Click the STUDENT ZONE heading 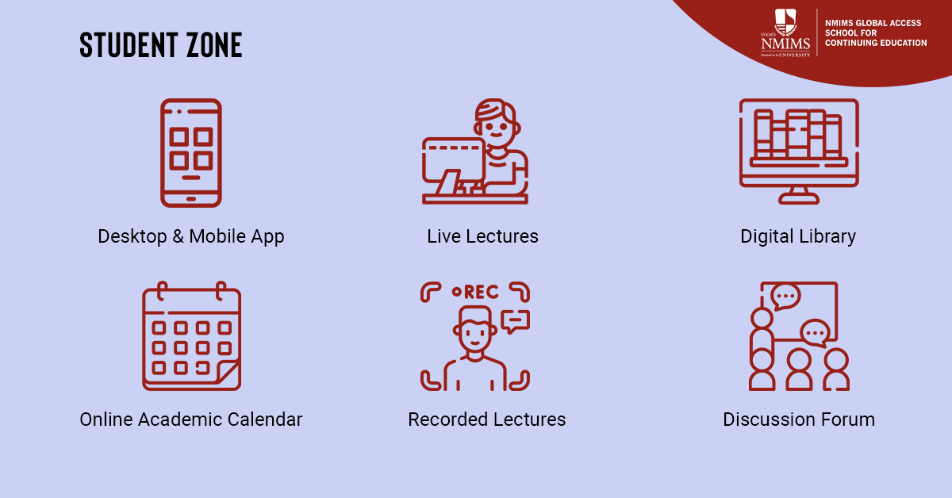[160, 44]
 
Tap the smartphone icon [191, 153]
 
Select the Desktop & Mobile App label [191, 236]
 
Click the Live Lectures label [482, 236]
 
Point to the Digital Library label [798, 236]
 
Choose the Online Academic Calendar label [191, 419]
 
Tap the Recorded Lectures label [486, 419]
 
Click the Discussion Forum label [799, 419]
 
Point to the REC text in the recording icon [481, 292]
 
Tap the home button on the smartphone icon [191, 199]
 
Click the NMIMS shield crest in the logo [785, 21]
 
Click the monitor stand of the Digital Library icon [799, 196]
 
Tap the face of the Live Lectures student [496, 127]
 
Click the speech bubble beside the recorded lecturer [516, 322]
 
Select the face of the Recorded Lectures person [475, 331]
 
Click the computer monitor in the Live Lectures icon [454, 159]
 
